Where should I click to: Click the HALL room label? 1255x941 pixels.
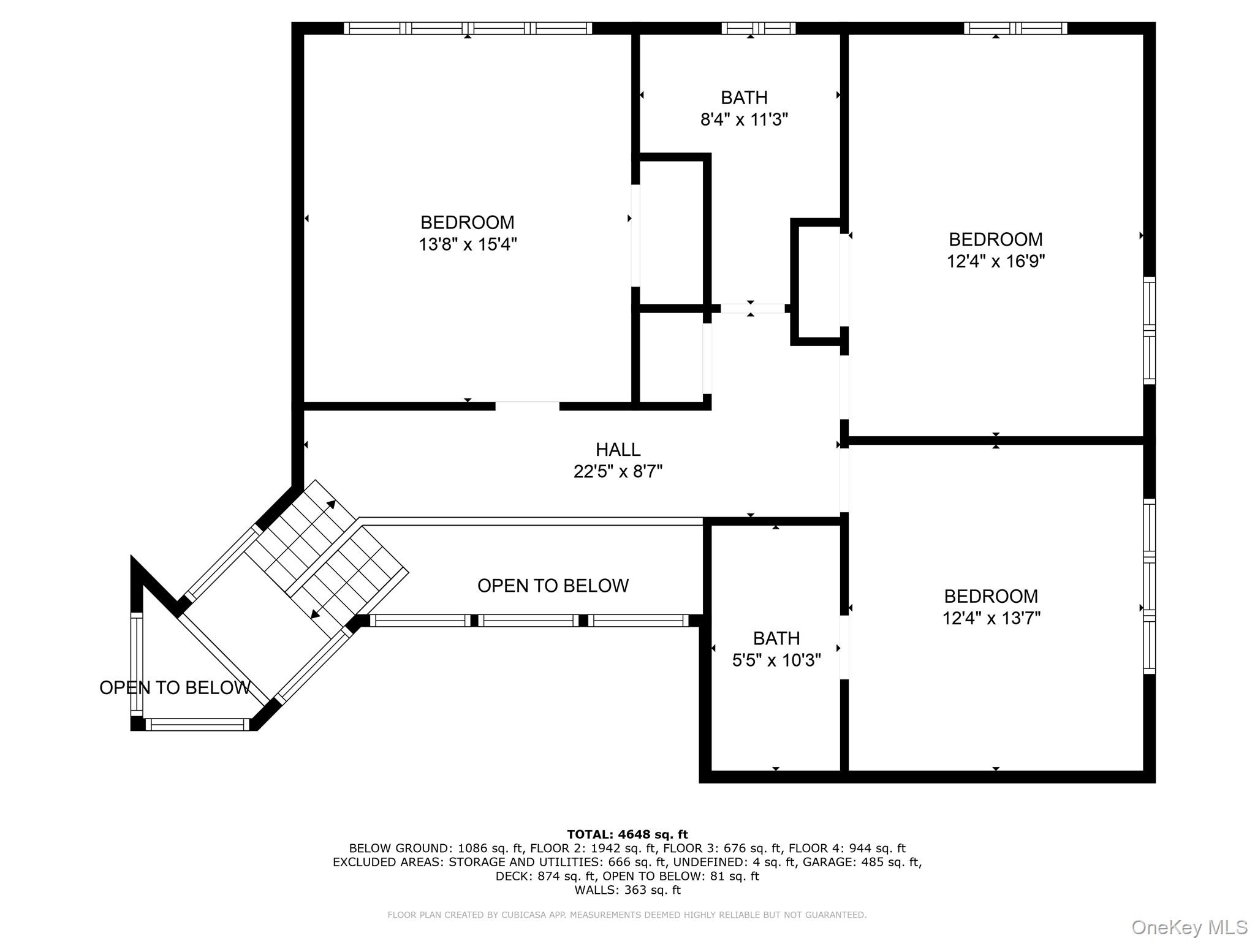point(618,450)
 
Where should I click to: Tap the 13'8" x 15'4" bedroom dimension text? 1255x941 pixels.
point(468,244)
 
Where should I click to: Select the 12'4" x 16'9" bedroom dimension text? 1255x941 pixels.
point(995,262)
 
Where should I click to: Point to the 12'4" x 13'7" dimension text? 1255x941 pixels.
point(991,618)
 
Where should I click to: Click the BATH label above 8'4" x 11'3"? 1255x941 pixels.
point(744,97)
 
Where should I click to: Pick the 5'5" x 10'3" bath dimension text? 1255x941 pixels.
point(776,660)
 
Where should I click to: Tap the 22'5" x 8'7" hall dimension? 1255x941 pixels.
point(618,472)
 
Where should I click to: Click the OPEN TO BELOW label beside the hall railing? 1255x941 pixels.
point(553,586)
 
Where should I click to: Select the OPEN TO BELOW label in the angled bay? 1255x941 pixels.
point(175,688)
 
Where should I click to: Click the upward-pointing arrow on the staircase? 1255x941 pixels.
point(331,505)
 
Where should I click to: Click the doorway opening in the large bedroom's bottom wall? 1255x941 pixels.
point(527,406)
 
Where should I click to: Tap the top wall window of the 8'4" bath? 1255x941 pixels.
point(758,28)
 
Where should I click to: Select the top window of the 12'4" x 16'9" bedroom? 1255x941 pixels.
point(1015,28)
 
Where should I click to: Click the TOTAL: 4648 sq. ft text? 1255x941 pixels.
point(627,834)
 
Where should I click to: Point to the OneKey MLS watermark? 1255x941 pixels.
point(1189,928)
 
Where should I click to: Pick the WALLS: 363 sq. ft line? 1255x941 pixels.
point(627,890)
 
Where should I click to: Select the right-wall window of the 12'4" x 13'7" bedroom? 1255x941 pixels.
point(1150,586)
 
